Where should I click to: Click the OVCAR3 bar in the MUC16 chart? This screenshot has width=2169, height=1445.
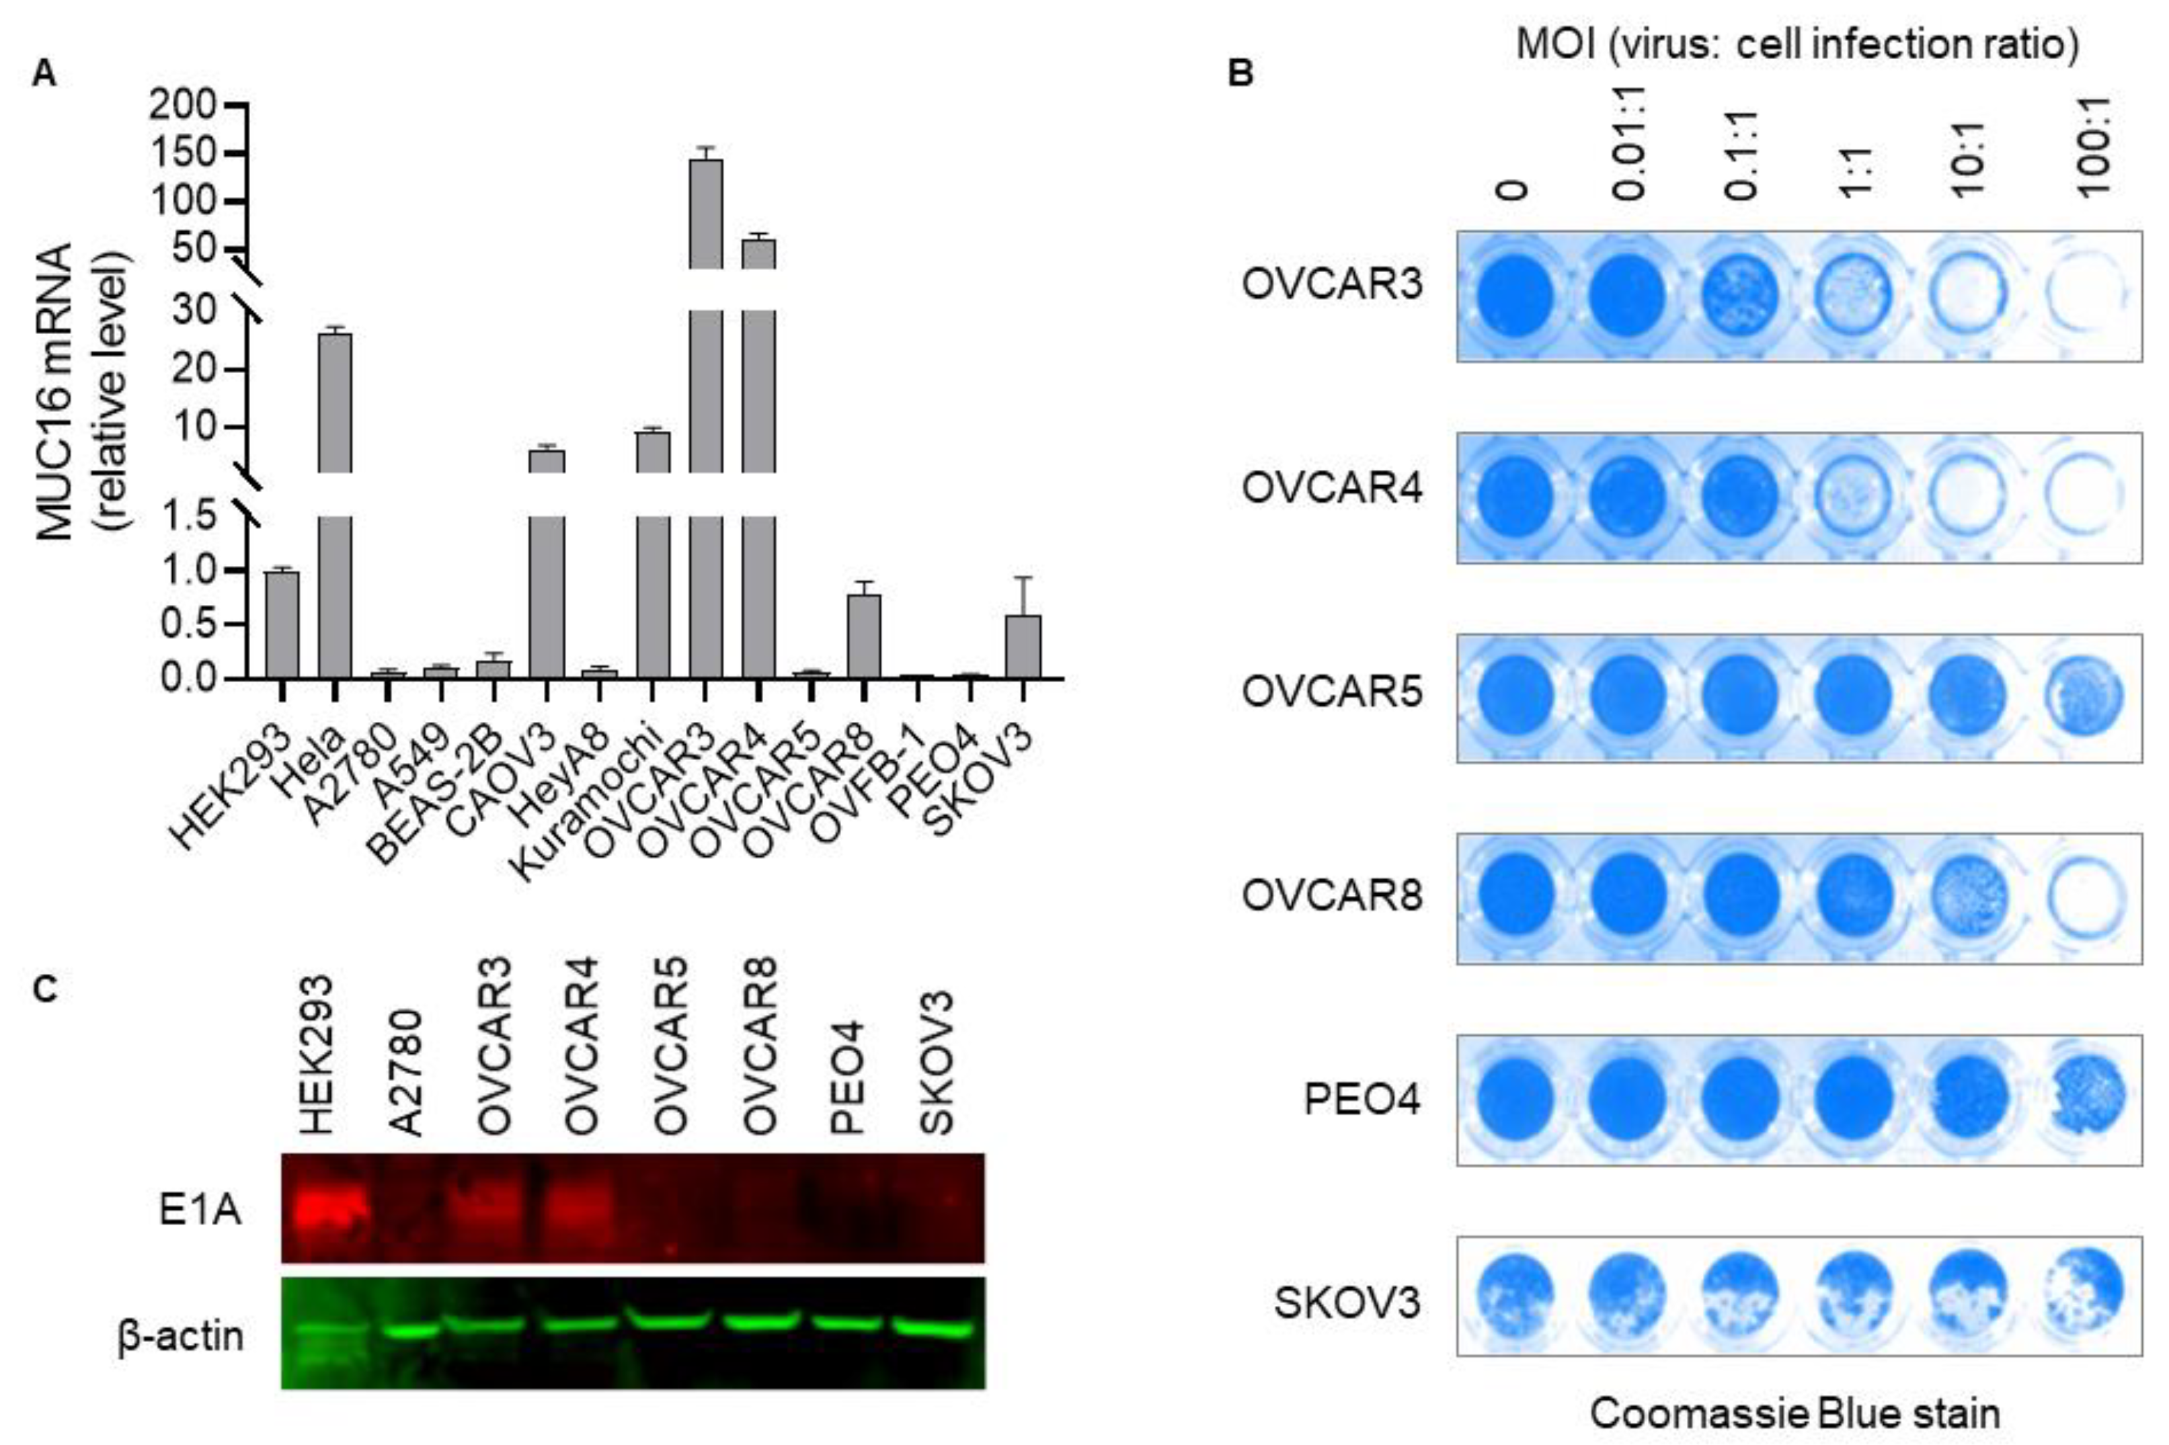coord(705,415)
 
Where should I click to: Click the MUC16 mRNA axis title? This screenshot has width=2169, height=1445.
coord(57,392)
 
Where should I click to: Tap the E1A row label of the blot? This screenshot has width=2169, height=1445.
coord(200,1210)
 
